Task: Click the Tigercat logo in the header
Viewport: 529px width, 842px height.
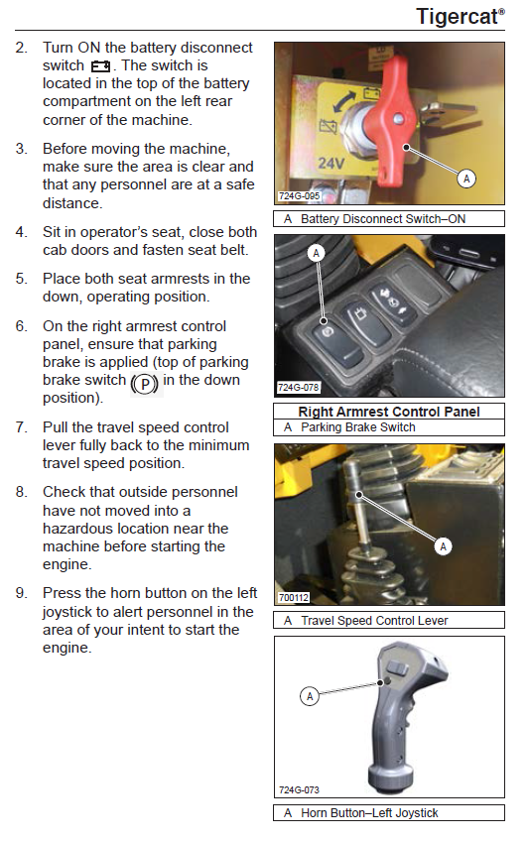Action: click(x=461, y=17)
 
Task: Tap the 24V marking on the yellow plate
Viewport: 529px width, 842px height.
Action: click(x=331, y=163)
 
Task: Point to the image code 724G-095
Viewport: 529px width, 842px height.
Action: click(x=299, y=196)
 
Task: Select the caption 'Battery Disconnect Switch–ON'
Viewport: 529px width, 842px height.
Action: click(x=383, y=219)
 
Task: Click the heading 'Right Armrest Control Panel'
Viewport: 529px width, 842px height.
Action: click(x=389, y=412)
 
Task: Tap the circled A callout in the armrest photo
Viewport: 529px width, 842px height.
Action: click(x=316, y=253)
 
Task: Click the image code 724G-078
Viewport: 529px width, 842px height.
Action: click(x=299, y=387)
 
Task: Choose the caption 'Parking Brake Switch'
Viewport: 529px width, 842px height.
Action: click(x=358, y=427)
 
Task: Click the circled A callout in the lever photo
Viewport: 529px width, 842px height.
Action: click(x=443, y=546)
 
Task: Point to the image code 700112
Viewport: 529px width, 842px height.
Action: click(x=294, y=597)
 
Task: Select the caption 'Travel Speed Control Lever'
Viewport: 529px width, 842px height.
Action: click(x=374, y=621)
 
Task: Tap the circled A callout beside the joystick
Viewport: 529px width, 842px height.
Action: click(x=309, y=696)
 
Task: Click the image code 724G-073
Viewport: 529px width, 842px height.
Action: click(x=299, y=789)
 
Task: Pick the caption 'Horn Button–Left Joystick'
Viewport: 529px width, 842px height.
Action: click(x=369, y=813)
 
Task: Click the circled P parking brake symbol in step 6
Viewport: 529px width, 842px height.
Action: click(x=145, y=384)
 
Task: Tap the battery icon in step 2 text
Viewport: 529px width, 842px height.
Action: click(x=100, y=66)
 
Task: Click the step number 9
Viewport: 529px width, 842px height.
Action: click(x=21, y=593)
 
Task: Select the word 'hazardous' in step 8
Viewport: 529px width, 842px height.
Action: click(x=81, y=529)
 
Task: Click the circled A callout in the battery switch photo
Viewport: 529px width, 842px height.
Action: click(x=466, y=179)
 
